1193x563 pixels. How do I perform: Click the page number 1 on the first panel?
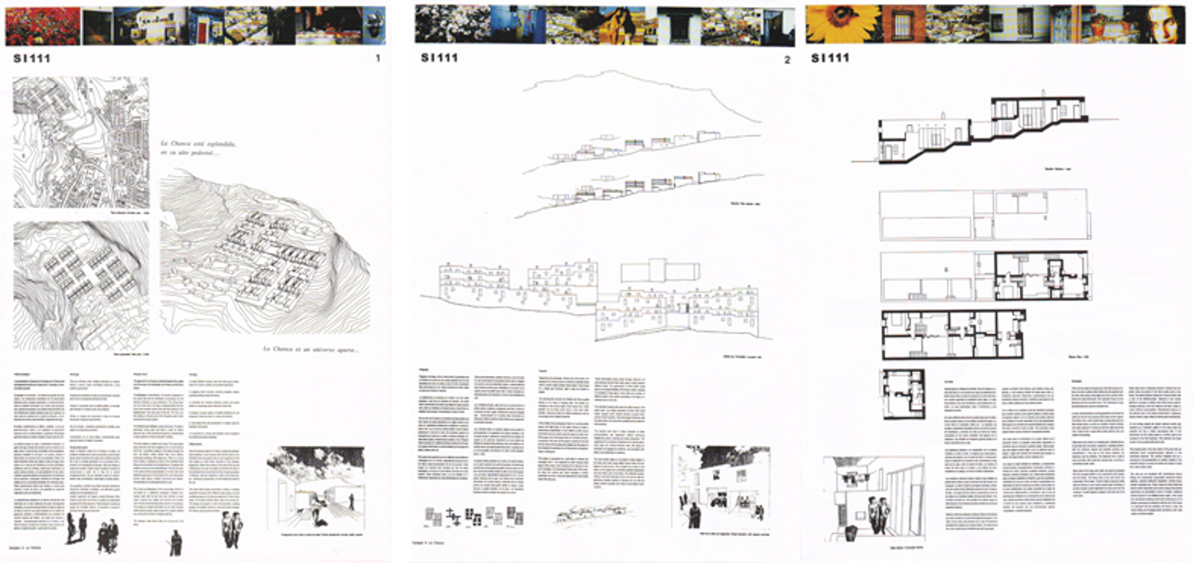click(x=378, y=58)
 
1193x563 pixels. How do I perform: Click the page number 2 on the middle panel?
click(x=787, y=60)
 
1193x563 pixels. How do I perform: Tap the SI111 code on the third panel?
click(x=830, y=58)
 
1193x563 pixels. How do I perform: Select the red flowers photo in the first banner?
click(x=42, y=27)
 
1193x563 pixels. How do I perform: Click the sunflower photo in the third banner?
click(x=843, y=24)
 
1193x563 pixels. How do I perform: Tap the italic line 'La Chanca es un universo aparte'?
click(x=310, y=349)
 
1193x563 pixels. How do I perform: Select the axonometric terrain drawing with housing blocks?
click(x=266, y=255)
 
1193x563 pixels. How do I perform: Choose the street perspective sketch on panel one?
click(x=316, y=487)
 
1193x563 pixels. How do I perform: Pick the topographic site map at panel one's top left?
click(x=81, y=143)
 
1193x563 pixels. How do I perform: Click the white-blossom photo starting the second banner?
click(x=452, y=25)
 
